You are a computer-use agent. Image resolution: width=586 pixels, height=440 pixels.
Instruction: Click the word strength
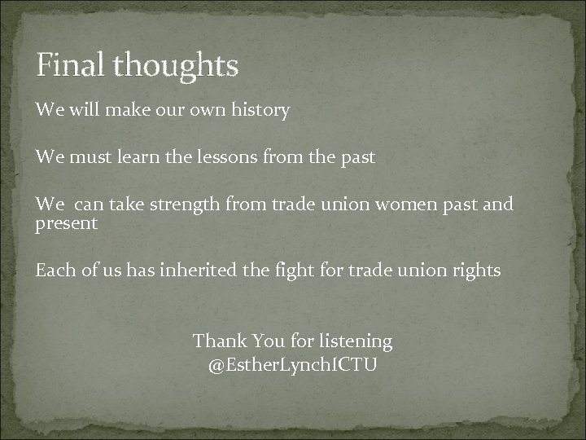coord(185,205)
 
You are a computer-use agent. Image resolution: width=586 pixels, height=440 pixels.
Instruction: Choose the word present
coord(66,223)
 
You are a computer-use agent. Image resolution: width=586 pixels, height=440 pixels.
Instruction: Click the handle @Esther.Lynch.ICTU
coord(292,364)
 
